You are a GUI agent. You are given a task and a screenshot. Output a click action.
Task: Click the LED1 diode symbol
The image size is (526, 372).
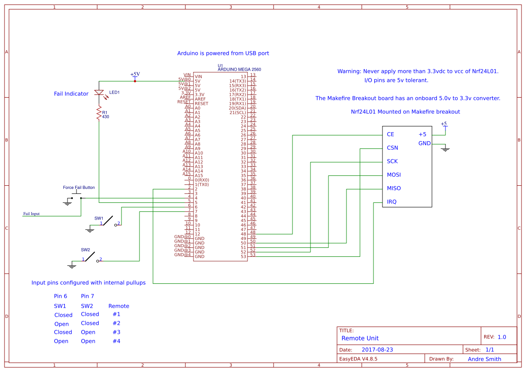(x=99, y=93)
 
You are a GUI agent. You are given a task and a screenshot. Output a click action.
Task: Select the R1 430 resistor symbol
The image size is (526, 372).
(x=99, y=114)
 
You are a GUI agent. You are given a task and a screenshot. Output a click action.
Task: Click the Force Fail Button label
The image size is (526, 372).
(x=79, y=188)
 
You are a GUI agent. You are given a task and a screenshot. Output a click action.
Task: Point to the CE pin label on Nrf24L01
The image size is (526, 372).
(x=391, y=134)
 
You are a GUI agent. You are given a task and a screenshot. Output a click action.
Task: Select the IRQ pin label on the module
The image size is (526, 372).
(x=392, y=202)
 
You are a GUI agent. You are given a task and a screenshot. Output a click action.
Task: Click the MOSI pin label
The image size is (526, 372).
(x=394, y=175)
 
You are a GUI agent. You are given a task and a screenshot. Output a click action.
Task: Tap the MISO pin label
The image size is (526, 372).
(x=394, y=188)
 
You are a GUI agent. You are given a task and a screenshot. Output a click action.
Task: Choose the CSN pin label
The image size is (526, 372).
(x=392, y=148)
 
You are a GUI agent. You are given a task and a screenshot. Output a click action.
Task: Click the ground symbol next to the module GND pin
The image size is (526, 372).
(x=445, y=148)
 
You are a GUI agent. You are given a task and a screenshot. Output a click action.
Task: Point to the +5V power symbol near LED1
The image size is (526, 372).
(x=135, y=76)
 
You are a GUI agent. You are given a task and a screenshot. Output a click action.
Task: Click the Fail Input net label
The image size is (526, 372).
(x=31, y=214)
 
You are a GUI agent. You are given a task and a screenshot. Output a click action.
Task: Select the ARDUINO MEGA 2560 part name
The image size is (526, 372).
(x=239, y=70)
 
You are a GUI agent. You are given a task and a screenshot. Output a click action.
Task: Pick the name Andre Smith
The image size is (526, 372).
(x=484, y=359)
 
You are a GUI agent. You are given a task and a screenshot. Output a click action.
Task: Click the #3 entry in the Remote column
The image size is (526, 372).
(x=117, y=332)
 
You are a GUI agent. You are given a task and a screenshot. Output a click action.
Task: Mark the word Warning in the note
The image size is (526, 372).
(x=349, y=72)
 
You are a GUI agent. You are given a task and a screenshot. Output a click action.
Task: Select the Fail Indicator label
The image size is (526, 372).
(x=71, y=94)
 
